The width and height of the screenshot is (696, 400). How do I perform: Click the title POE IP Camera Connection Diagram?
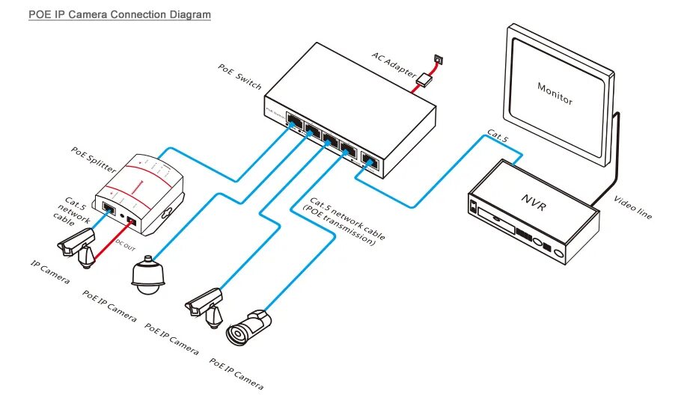119,14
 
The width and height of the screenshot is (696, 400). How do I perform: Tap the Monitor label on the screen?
555,92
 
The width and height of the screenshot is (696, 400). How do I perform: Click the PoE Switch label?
239,77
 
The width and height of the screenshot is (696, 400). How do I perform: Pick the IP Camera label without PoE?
50,272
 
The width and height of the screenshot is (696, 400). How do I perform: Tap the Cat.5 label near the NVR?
498,135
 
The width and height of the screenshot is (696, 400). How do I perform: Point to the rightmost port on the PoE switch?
370,159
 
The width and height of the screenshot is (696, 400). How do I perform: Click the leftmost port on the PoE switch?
295,121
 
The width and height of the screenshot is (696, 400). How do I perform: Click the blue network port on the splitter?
107,209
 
